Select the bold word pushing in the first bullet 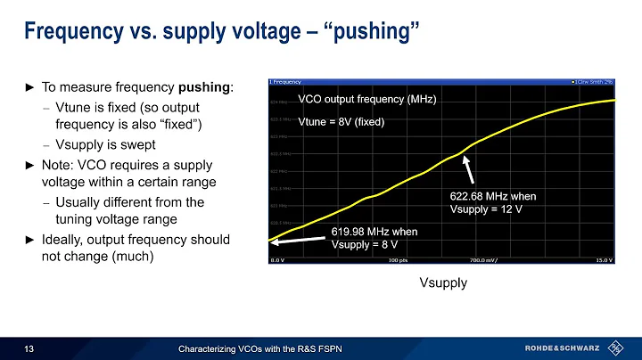[209, 88]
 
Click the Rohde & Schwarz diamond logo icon [617, 347]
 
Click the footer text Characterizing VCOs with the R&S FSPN [259, 348]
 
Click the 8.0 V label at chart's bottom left [278, 260]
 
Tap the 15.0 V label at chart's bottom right [604, 260]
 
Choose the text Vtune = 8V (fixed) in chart [341, 123]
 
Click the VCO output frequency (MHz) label [366, 101]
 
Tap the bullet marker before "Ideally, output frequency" [28, 241]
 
